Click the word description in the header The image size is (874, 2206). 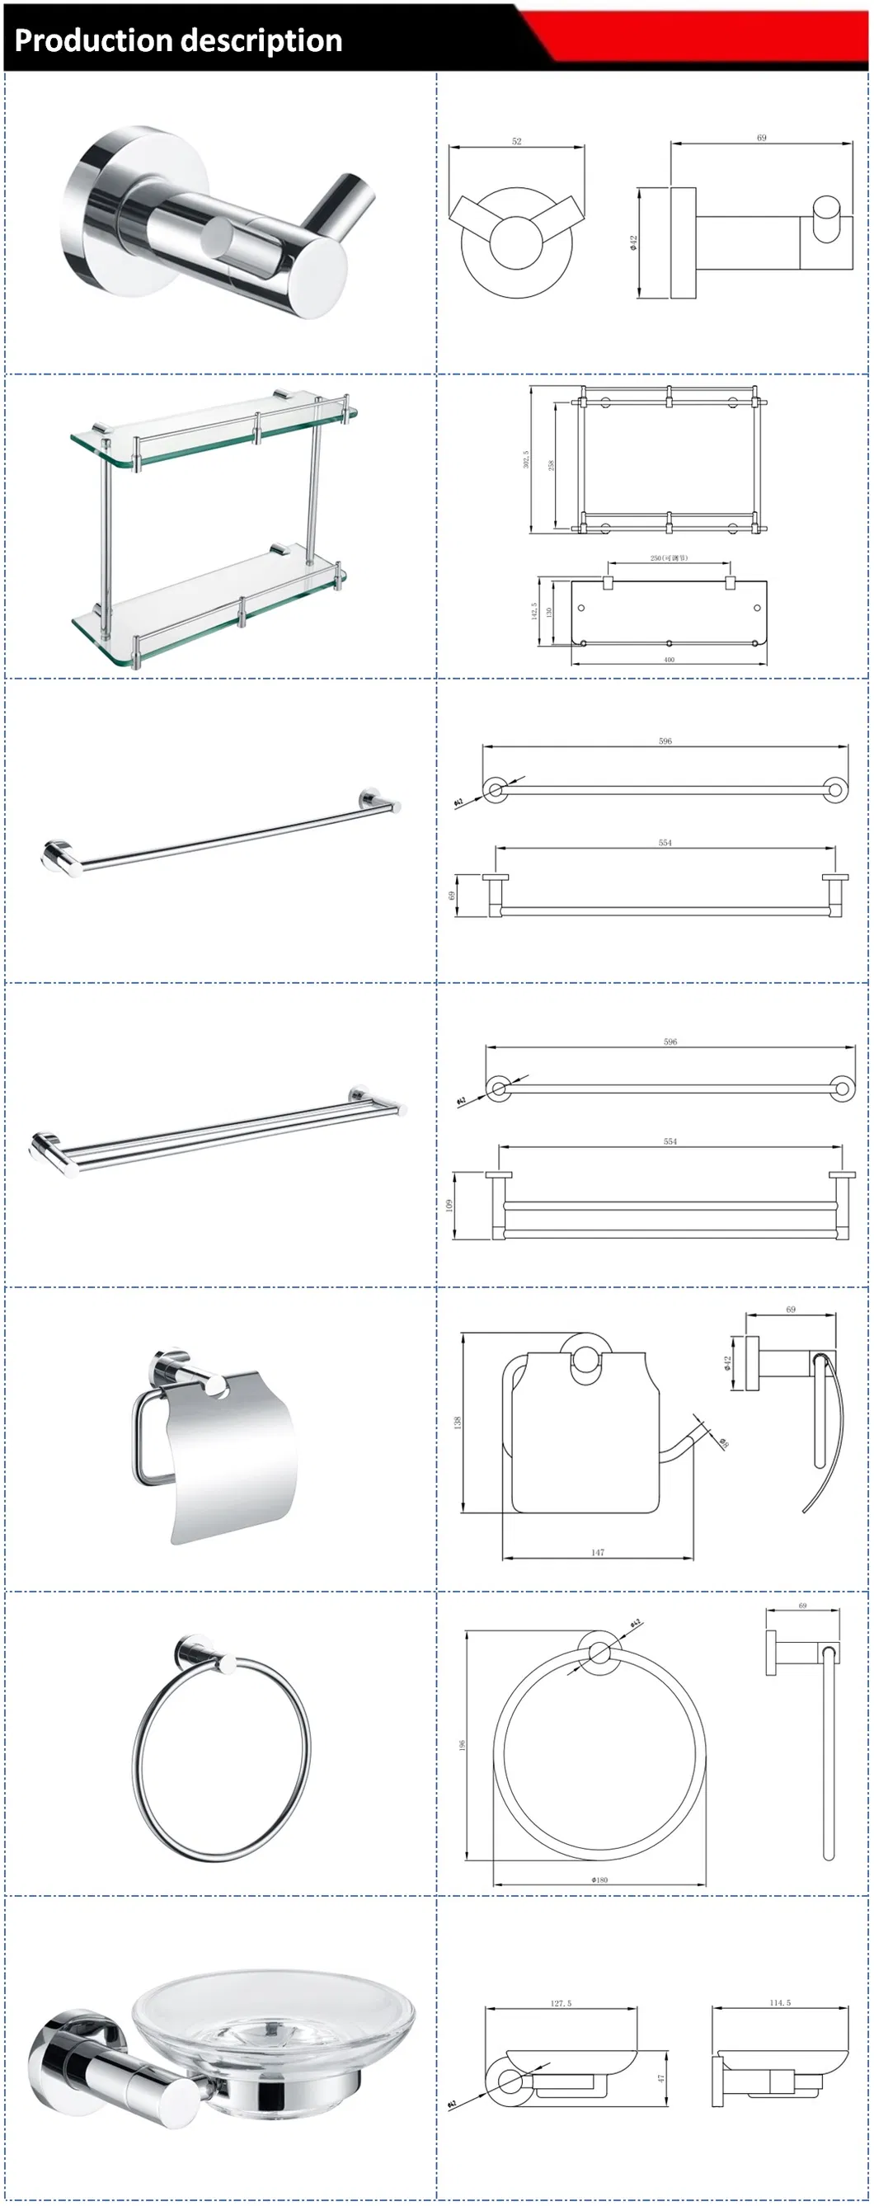(x=261, y=40)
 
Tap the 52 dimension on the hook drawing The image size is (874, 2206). (x=516, y=141)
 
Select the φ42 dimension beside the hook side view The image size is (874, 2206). (x=633, y=243)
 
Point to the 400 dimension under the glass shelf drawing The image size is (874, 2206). (x=669, y=660)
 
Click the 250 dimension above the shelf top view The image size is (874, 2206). (x=669, y=557)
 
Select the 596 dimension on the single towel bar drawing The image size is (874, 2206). (x=665, y=741)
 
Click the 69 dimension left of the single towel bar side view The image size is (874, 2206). (x=452, y=896)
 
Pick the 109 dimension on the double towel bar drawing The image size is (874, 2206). (x=449, y=1205)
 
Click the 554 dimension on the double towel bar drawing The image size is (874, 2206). (x=670, y=1141)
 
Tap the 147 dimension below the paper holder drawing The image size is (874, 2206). (x=598, y=1552)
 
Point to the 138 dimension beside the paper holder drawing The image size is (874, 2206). (x=458, y=1423)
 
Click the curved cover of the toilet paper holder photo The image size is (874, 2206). (x=231, y=1447)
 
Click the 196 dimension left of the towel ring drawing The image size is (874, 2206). (x=463, y=1745)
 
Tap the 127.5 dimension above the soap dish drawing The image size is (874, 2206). (x=561, y=2003)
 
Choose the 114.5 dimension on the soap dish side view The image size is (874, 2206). (x=780, y=2002)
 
